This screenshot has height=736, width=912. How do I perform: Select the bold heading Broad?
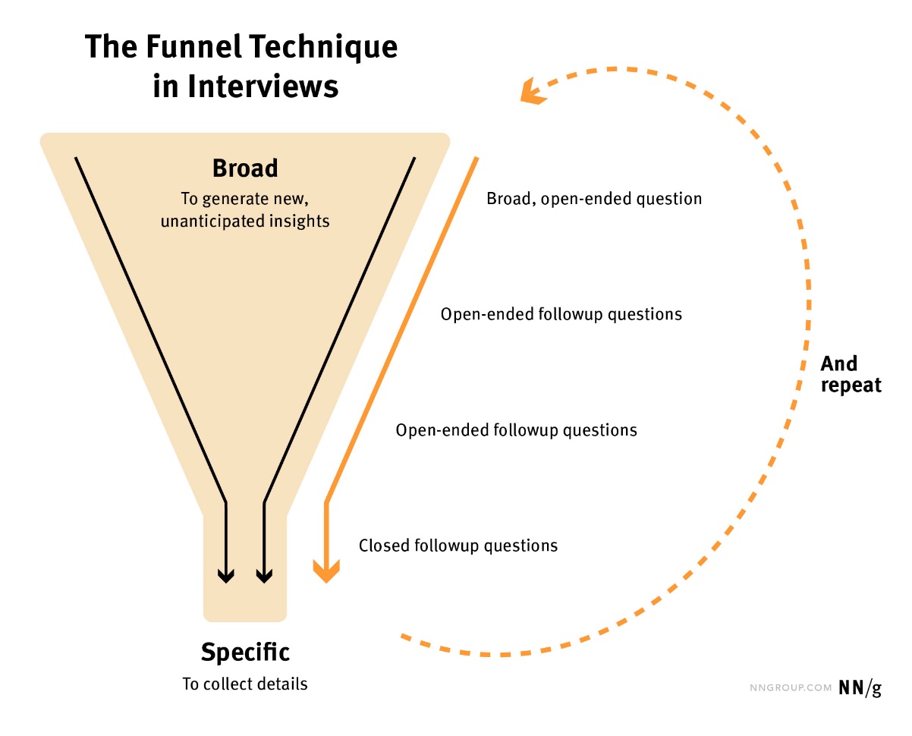point(245,168)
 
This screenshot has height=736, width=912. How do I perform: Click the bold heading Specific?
point(245,652)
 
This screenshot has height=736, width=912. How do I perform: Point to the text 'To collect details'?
point(245,684)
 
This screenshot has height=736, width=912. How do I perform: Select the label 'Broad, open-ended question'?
point(594,199)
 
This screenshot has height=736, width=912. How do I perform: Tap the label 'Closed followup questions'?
point(458,545)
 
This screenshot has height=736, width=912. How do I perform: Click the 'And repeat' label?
point(851,374)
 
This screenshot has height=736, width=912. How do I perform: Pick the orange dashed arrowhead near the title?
point(532,92)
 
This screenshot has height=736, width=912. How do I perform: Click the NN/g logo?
point(860,687)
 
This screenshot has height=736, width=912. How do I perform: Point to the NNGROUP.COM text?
point(789,688)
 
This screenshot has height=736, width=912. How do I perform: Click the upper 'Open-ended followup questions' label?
point(561,314)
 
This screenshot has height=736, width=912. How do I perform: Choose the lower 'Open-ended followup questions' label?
point(516,430)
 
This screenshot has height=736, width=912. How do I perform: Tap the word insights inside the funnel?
point(302,222)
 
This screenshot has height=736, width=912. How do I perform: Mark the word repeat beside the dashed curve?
point(851,385)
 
